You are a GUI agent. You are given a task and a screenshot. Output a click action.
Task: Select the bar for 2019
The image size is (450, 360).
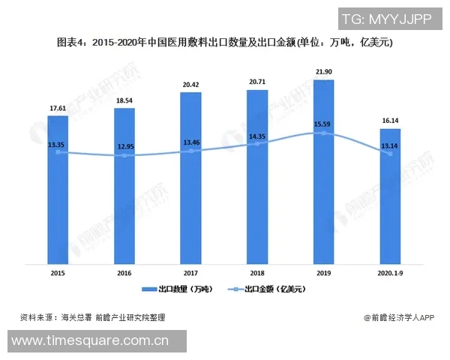(323, 172)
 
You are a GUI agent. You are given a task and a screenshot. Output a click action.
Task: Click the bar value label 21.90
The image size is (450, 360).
(323, 71)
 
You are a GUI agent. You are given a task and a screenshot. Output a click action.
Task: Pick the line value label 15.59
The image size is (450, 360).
(323, 124)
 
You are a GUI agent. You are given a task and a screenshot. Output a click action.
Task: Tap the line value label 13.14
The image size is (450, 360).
(390, 145)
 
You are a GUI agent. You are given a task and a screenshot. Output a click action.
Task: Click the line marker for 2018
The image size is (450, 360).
(257, 143)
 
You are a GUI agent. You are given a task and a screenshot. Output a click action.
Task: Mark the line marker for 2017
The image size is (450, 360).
(190, 151)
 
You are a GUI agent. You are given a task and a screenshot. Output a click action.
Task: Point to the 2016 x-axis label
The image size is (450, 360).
(124, 274)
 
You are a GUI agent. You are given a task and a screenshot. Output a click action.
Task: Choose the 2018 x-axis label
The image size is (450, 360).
(257, 274)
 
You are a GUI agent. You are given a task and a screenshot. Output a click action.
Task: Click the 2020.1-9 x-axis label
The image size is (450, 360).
(390, 274)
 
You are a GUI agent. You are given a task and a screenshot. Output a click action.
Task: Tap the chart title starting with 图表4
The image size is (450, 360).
(225, 43)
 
